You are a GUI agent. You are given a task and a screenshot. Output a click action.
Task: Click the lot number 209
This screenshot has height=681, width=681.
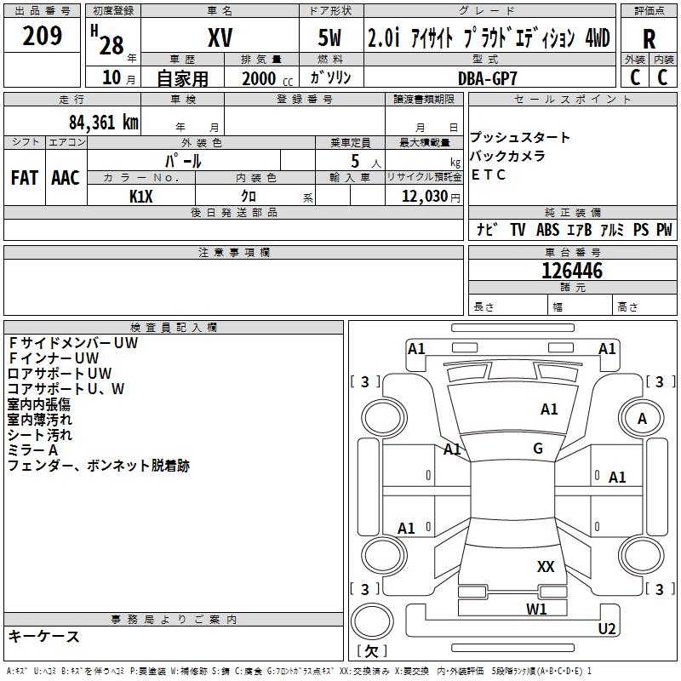[43, 37]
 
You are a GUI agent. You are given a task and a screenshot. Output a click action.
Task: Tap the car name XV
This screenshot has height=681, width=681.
[220, 38]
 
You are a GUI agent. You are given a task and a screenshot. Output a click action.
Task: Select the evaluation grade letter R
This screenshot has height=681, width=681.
[650, 38]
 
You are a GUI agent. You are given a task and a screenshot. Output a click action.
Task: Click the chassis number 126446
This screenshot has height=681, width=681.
[572, 271]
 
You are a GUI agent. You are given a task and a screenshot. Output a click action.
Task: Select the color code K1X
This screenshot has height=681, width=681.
[141, 196]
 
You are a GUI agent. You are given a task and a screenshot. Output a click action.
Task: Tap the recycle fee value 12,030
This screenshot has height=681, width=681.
[423, 196]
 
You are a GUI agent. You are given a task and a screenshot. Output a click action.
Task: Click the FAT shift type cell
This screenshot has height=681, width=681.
[25, 178]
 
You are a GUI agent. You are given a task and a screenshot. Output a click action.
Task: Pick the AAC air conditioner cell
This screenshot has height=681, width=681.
[66, 178]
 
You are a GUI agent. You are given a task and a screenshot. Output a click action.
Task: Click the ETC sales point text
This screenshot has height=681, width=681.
[489, 175]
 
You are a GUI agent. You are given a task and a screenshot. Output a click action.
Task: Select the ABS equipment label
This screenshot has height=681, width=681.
[548, 230]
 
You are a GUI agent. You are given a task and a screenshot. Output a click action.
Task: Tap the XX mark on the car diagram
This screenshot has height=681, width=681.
[546, 567]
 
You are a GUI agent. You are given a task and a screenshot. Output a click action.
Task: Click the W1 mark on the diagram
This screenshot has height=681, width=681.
[536, 609]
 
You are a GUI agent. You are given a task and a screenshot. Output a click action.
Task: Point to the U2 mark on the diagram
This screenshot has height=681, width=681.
[607, 629]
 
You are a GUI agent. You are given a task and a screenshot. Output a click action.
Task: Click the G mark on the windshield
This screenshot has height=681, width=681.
[538, 449]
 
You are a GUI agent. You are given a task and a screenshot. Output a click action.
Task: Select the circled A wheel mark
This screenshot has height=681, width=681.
[642, 418]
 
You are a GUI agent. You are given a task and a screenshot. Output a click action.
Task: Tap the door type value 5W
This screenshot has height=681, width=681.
[329, 38]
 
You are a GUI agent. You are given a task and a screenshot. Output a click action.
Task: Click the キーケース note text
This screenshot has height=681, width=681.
[44, 636]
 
